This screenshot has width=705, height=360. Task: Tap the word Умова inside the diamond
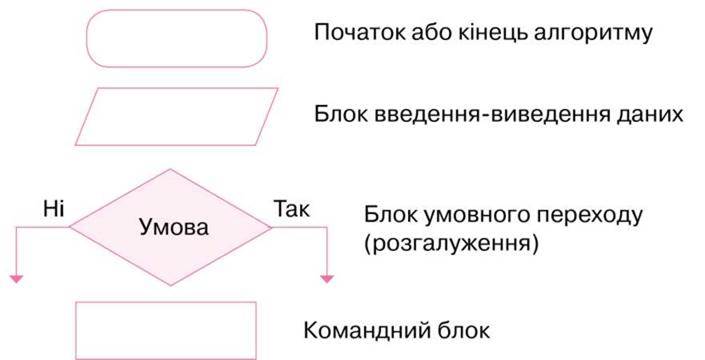[x=174, y=227]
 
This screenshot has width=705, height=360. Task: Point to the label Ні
[x=54, y=209]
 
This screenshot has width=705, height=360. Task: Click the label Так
[x=291, y=209]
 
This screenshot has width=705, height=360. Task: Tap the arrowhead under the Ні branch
[x=16, y=279]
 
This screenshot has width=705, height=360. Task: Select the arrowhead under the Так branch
[x=327, y=279]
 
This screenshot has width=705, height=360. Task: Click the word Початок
[x=359, y=32]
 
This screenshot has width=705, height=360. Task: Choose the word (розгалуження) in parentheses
[x=451, y=244]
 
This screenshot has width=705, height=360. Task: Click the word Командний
[x=367, y=331]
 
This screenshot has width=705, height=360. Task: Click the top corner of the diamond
[x=170, y=169]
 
